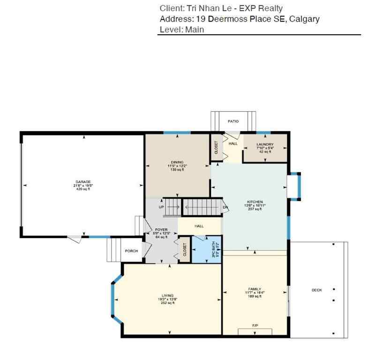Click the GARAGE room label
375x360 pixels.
click(x=83, y=182)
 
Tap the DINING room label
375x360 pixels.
click(x=177, y=162)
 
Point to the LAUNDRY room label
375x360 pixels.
click(x=265, y=144)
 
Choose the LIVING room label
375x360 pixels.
click(x=167, y=295)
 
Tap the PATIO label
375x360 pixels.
click(x=233, y=121)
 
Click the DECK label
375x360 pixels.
click(x=317, y=290)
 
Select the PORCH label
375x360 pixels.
click(x=131, y=251)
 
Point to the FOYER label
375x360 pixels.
click(x=161, y=230)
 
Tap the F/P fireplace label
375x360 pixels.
click(x=255, y=325)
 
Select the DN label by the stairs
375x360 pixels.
click(x=225, y=207)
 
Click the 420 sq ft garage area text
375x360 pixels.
click(x=83, y=189)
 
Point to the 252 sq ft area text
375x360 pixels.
click(x=167, y=303)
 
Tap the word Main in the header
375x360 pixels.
click(x=195, y=29)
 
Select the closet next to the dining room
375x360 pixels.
click(x=216, y=148)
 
